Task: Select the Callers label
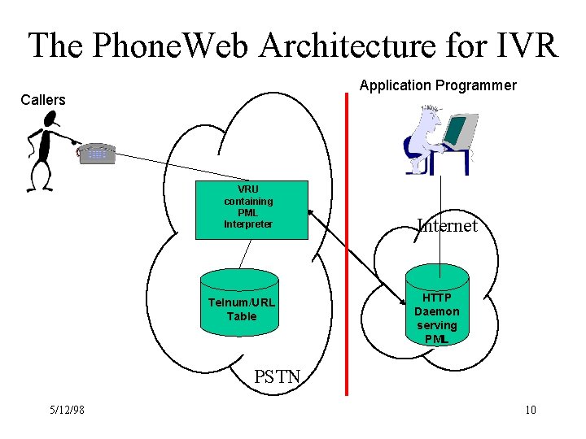42,100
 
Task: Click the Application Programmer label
438,85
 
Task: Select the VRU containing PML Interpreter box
252,210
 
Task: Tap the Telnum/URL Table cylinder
241,305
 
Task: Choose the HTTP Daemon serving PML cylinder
437,309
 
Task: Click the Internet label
447,225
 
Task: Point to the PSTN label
277,376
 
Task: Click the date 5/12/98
66,410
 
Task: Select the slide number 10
530,410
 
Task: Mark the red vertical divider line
347,244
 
